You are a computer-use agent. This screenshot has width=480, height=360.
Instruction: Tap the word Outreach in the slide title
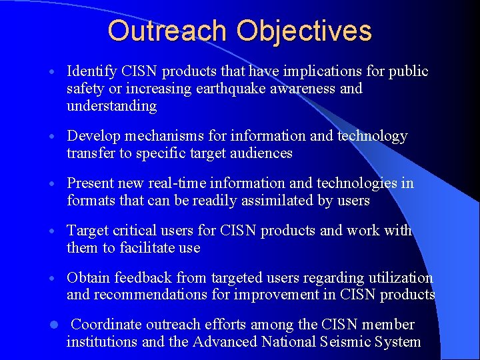(x=167, y=31)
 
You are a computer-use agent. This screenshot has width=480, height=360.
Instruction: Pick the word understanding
(x=111, y=106)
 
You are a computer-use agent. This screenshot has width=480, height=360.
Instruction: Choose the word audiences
(x=262, y=153)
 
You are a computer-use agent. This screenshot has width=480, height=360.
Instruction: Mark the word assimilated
(x=255, y=201)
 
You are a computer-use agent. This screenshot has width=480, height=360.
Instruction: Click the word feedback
(x=143, y=278)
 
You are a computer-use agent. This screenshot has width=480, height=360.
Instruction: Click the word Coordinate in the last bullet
(x=104, y=325)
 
